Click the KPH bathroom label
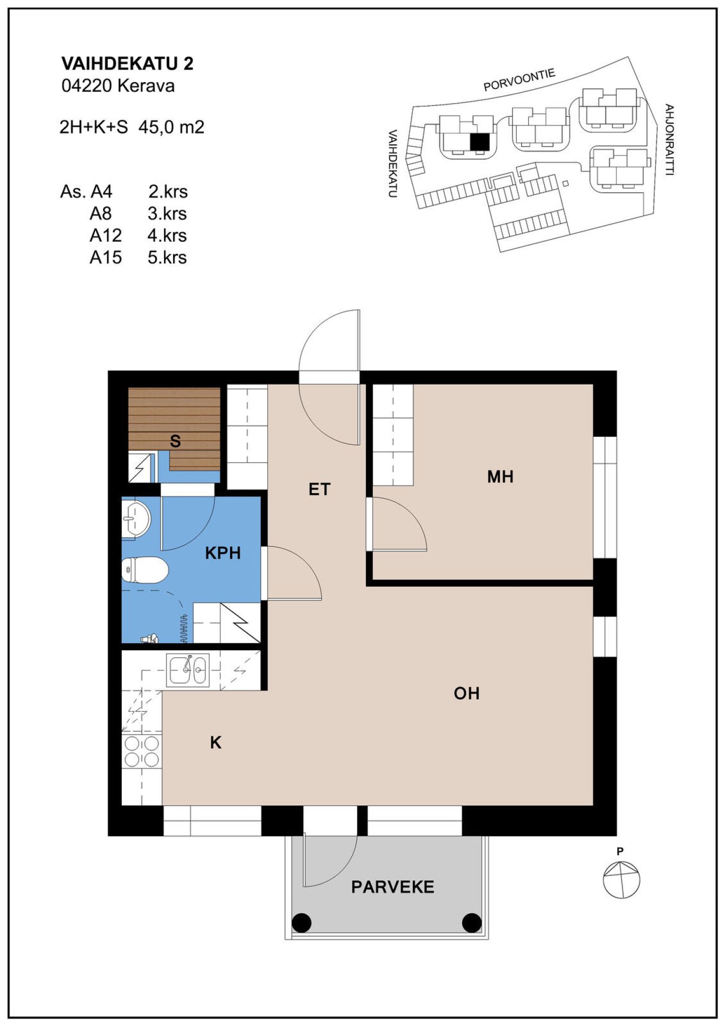click(x=223, y=553)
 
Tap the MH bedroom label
click(x=500, y=476)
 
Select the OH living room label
click(x=466, y=694)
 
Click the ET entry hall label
click(x=319, y=489)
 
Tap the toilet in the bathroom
click(x=145, y=570)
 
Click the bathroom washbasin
click(x=136, y=518)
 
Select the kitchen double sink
click(x=187, y=670)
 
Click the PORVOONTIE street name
click(x=519, y=80)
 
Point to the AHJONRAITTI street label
click(x=669, y=140)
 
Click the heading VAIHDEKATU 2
click(x=127, y=63)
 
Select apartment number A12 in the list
click(x=106, y=235)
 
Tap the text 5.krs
click(x=167, y=257)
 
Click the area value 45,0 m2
click(x=171, y=127)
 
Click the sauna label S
click(x=175, y=441)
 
